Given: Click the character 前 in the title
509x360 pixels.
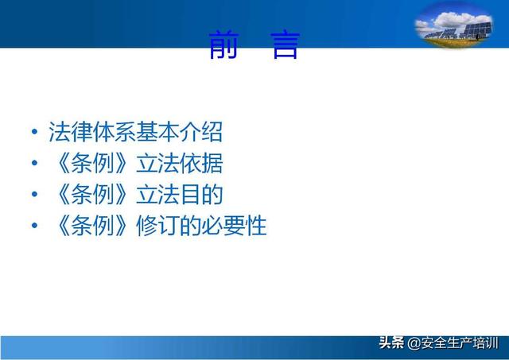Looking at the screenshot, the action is (x=223, y=45).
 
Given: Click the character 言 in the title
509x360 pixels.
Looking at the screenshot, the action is (x=286, y=45).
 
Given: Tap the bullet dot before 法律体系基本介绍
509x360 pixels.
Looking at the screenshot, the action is (x=34, y=132).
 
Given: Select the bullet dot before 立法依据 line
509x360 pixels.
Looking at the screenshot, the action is (x=34, y=163).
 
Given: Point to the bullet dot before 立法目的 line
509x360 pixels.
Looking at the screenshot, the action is (x=34, y=194).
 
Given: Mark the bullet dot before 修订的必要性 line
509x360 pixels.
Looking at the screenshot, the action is (x=34, y=225).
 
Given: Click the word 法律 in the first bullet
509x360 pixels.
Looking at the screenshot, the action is (x=70, y=132).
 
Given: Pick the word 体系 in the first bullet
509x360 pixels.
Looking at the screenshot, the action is (x=114, y=132).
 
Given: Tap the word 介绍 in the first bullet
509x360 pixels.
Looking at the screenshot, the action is (x=201, y=132).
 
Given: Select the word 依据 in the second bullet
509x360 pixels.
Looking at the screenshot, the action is (x=201, y=163).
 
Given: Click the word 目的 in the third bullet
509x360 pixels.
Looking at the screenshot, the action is (x=201, y=194).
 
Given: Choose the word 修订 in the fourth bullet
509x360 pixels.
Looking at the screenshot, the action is (x=157, y=226).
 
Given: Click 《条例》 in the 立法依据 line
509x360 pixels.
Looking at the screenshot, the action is (x=92, y=163).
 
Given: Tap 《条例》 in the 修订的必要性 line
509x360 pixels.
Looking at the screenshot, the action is (x=92, y=226).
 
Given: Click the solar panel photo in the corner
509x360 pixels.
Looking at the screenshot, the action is (x=454, y=26).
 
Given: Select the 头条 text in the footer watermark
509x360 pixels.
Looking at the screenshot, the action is (x=392, y=343).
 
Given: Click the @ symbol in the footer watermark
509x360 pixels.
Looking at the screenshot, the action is (x=414, y=343).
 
